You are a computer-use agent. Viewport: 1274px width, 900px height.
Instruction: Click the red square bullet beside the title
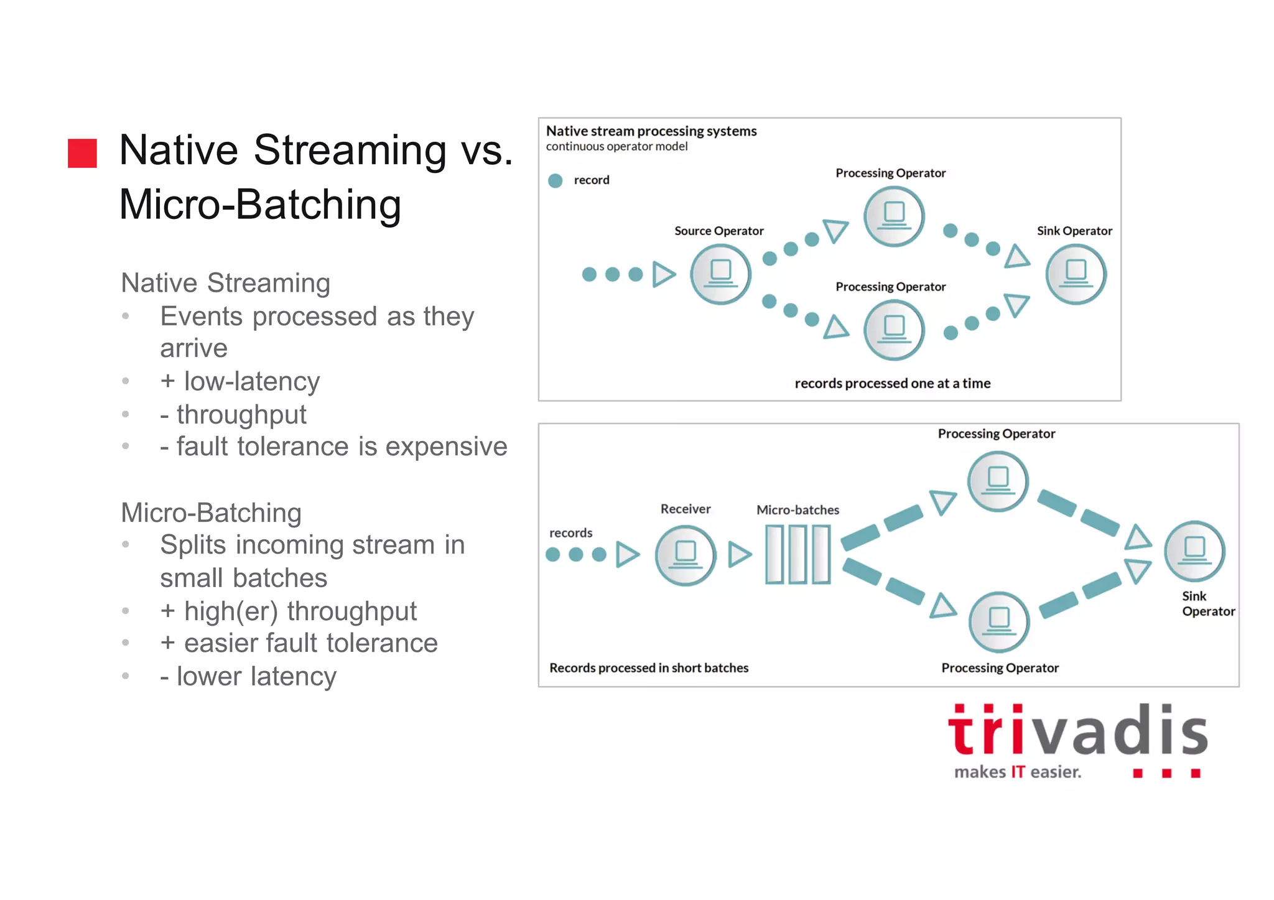(x=82, y=153)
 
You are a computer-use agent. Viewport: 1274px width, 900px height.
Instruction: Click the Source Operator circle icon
(x=720, y=274)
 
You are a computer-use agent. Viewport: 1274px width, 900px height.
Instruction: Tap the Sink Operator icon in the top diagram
(x=1076, y=274)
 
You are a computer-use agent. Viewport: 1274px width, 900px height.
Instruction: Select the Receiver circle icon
(x=686, y=555)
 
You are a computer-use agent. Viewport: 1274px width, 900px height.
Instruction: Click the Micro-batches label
(x=797, y=510)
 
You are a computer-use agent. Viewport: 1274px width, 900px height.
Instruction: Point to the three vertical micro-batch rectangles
(x=797, y=554)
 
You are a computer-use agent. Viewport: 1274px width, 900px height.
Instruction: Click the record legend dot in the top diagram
(x=555, y=180)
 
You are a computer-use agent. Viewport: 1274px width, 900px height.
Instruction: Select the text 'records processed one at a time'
(x=892, y=383)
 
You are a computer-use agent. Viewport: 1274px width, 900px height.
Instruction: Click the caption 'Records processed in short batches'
(x=649, y=668)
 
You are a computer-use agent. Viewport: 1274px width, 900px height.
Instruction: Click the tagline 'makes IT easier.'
(x=1018, y=772)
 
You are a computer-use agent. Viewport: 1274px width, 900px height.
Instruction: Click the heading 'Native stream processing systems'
(x=651, y=131)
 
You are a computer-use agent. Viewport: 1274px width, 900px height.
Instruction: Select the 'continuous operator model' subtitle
(x=616, y=147)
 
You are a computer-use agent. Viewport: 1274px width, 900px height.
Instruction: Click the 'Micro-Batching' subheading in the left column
(x=211, y=513)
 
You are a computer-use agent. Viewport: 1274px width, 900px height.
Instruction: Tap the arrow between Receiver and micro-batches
(x=740, y=554)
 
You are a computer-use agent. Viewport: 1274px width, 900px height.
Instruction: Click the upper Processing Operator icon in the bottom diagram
(x=998, y=481)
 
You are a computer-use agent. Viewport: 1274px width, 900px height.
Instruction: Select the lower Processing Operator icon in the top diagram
(x=894, y=330)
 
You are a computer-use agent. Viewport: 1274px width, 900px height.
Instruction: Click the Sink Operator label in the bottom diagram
(x=1207, y=603)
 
